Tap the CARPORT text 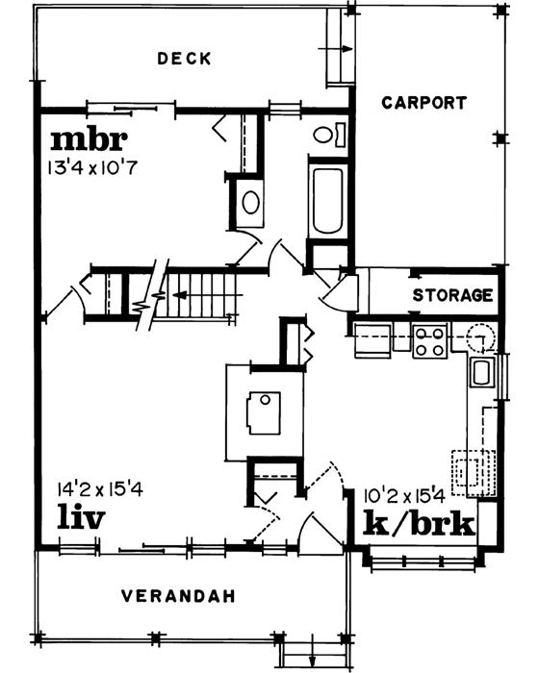point(423,102)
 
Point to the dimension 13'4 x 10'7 point(93,167)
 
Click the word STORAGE point(453,295)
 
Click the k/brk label point(419,523)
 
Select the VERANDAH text point(178,596)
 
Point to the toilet point(326,135)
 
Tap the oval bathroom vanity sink point(248,203)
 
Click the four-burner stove point(428,339)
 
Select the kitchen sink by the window point(481,371)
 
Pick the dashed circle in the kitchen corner point(477,337)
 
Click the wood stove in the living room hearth point(261,411)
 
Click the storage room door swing point(342,288)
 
